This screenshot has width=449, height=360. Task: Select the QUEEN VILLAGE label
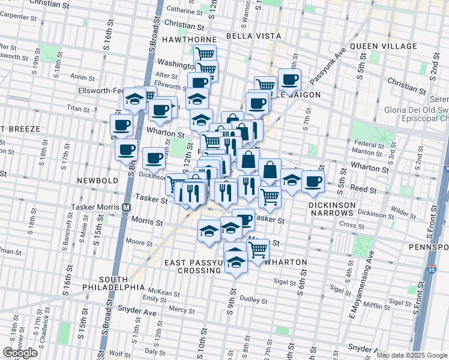pyautogui.click(x=383, y=46)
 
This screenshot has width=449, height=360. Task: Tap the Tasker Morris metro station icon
pyautogui.click(x=127, y=206)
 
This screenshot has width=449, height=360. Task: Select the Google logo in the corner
pyautogui.click(x=20, y=353)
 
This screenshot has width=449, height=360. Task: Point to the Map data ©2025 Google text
pyautogui.click(x=411, y=355)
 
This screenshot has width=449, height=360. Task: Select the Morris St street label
pyautogui.click(x=147, y=222)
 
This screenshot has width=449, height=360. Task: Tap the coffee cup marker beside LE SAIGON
pyautogui.click(x=289, y=80)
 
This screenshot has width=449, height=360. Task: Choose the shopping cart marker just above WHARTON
pyautogui.click(x=258, y=249)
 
